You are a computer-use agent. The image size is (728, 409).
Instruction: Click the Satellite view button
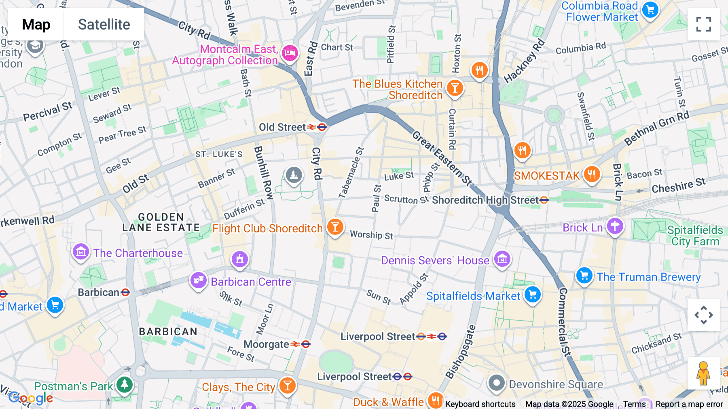coord(104,24)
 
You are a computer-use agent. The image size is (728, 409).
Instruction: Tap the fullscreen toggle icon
coord(703,24)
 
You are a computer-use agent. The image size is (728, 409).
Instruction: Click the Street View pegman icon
coord(703,373)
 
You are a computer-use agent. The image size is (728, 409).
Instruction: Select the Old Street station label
coord(282,127)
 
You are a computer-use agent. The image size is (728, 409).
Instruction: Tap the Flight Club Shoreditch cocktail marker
coord(335,227)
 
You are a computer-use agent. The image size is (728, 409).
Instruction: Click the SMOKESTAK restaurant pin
coord(592,175)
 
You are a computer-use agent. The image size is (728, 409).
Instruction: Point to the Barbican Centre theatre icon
coord(198,280)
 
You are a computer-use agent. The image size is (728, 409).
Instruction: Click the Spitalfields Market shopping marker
coord(533,294)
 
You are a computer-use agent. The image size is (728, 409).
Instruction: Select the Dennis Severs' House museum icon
coord(502,259)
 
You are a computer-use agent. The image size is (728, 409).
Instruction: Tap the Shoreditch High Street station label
coord(485,200)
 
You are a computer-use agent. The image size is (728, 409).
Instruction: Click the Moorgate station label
coord(267,344)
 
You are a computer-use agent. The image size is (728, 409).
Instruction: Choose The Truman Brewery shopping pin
coord(584,276)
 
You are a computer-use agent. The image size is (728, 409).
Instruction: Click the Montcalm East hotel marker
coord(290,53)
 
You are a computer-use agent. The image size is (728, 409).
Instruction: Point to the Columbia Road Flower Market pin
coord(650,10)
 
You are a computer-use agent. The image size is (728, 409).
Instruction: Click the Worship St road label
coord(371,235)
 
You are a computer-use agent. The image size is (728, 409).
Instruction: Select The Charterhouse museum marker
coord(80,252)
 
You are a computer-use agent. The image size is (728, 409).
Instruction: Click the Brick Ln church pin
coord(615,226)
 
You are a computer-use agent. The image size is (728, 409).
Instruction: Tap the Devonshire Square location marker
coord(496,383)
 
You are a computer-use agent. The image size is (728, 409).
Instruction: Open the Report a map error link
coord(689,404)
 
